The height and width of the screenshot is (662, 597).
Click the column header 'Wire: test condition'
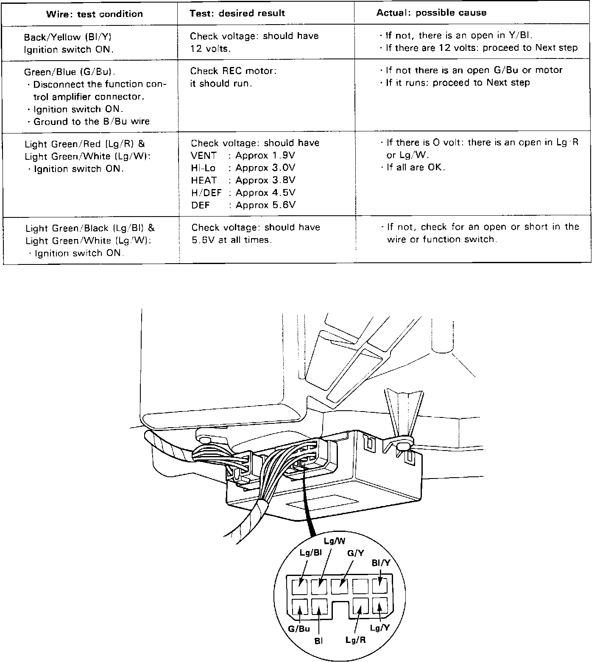tap(94, 14)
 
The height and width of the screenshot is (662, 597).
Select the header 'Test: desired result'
tap(237, 13)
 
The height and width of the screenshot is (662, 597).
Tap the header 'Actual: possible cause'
tap(431, 13)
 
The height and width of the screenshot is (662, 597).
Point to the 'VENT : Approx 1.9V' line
tap(243, 156)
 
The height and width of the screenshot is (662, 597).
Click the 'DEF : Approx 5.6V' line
tap(243, 205)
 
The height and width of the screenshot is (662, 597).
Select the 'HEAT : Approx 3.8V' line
tap(243, 180)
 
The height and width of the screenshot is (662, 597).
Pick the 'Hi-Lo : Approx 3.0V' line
tap(243, 168)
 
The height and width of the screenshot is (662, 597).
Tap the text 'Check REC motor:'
tap(233, 71)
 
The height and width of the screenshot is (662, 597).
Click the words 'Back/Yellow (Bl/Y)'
tap(67, 37)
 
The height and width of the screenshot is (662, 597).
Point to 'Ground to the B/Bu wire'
tap(91, 122)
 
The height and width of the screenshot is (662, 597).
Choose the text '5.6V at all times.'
tap(232, 240)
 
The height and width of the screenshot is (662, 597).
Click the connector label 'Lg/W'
tap(335, 541)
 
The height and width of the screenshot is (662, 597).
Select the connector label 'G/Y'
tap(356, 553)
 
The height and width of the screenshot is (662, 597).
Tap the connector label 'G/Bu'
tap(299, 629)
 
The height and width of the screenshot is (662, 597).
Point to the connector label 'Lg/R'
tap(355, 640)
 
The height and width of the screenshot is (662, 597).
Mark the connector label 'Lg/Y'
tap(379, 628)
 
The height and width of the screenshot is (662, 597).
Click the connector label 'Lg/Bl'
tap(311, 553)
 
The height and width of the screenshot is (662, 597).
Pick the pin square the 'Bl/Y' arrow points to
tap(379, 587)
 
